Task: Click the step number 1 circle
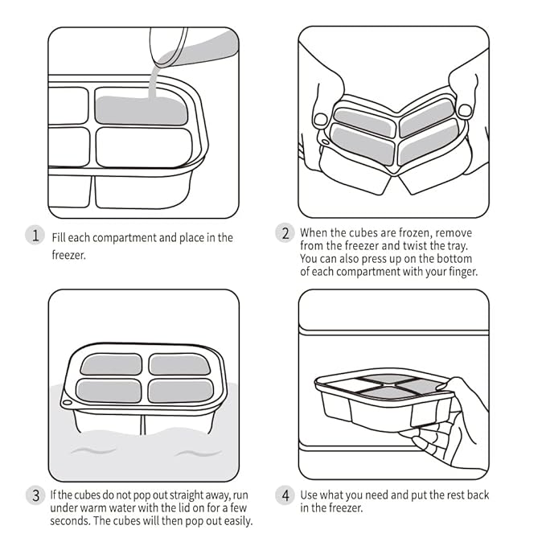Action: tap(35, 236)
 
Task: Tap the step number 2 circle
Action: tap(285, 233)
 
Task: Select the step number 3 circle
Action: tap(35, 495)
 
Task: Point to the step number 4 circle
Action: tap(285, 495)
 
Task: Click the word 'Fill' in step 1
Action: tap(60, 237)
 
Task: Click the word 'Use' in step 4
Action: tap(310, 495)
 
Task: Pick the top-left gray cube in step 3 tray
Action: tap(112, 364)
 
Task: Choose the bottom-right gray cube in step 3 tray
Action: tap(181, 391)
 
